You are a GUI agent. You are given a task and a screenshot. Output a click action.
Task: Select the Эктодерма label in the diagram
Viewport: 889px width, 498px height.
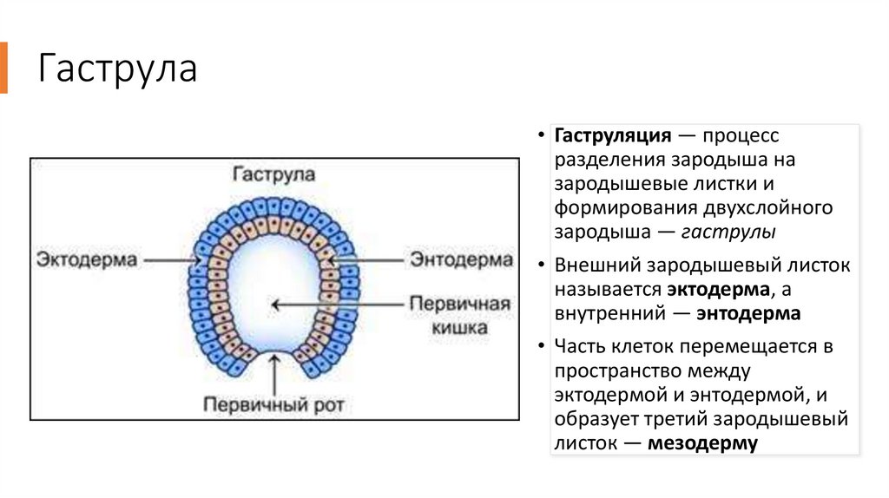coord(87,259)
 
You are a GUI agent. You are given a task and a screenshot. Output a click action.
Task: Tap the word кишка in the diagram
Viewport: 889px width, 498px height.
coord(458,327)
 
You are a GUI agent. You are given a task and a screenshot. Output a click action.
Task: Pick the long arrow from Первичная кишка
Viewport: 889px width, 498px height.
coord(339,305)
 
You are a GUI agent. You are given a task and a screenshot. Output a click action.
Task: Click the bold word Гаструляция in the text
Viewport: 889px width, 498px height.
coord(613,137)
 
